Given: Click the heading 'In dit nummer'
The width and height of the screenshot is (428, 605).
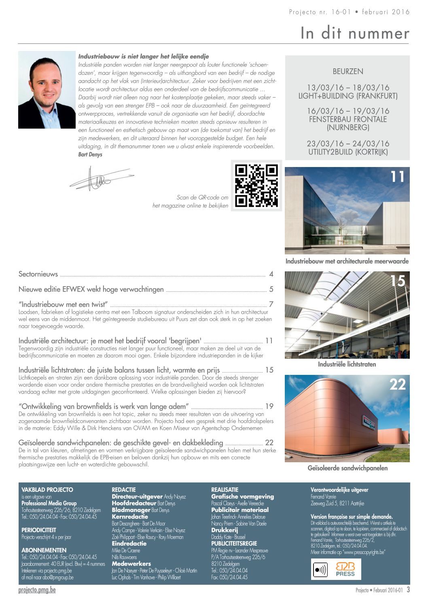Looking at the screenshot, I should coord(355,33).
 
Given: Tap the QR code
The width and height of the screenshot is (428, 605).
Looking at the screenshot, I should coord(256,186).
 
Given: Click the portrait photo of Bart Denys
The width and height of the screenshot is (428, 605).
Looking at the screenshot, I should coord(47,90).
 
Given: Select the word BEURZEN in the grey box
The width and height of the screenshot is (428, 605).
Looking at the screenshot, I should coord(348,72).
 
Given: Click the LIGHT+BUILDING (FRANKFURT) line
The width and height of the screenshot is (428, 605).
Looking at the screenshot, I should coord(348,96).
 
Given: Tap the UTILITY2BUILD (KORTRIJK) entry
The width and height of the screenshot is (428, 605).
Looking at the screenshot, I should coord(348,152).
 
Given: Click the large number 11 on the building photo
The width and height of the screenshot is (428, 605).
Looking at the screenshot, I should coord(397,177).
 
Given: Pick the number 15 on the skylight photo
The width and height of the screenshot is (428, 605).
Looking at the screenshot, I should coord(397,281).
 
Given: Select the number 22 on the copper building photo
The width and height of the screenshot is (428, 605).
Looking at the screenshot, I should coord(397,384).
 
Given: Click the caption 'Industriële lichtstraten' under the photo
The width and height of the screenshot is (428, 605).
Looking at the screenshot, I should coord(347,364).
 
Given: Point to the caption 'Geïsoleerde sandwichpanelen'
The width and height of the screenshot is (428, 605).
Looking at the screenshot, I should coord(347,468).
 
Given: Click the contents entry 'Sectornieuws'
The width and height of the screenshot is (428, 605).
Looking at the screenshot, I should coord(38,274).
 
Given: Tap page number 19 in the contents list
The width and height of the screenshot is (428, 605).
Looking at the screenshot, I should coord(269,406).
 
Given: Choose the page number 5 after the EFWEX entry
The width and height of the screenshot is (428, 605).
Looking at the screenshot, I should coord(271,290).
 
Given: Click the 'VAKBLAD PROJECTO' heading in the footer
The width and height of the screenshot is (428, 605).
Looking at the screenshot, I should coord(47,490).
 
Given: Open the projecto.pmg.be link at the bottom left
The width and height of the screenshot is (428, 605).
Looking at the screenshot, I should coord(37,590).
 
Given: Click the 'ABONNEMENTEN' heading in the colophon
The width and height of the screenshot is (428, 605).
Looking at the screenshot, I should coord(44,550).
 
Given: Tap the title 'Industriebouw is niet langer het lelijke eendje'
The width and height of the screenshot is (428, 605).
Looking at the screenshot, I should coord(144,57).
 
